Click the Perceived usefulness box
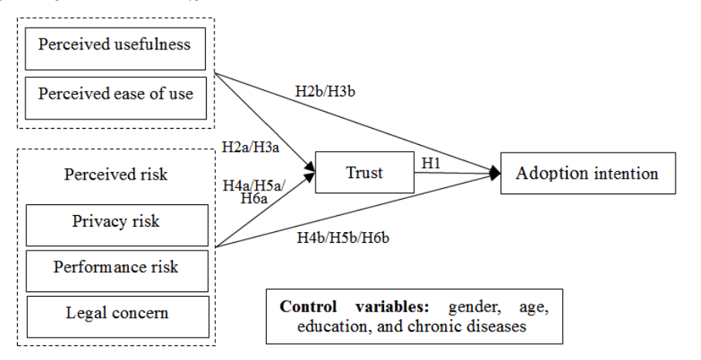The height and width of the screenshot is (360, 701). click(x=116, y=49)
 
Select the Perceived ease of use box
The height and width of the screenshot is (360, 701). click(x=116, y=98)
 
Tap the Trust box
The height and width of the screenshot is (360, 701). click(x=365, y=173)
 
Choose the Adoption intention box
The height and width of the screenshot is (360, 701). click(x=588, y=173)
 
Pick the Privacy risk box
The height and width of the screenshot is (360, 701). click(x=117, y=225)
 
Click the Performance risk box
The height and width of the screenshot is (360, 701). click(x=117, y=271)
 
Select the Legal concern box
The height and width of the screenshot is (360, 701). click(x=117, y=317)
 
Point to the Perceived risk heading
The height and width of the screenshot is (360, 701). click(x=116, y=174)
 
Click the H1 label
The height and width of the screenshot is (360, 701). click(x=431, y=163)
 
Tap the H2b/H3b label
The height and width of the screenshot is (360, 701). click(x=325, y=92)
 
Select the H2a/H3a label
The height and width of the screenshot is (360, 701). click(x=251, y=147)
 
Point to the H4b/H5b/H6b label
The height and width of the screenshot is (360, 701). click(x=343, y=237)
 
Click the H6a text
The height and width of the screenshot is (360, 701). click(x=254, y=198)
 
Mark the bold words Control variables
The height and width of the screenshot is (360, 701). click(x=355, y=307)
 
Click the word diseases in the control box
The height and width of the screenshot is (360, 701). click(x=495, y=326)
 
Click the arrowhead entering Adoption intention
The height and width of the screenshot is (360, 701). click(x=495, y=173)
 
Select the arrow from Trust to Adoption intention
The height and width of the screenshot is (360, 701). click(x=457, y=173)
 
